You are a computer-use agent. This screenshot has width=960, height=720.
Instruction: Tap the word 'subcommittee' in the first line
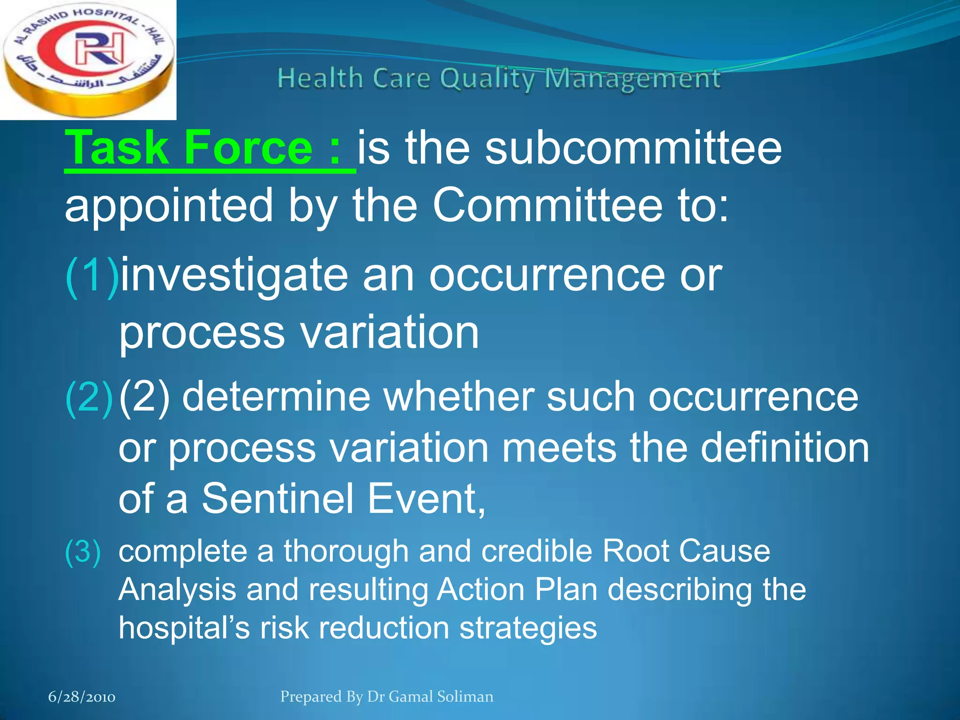(x=633, y=149)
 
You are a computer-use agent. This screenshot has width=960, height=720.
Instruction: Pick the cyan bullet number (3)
(x=83, y=551)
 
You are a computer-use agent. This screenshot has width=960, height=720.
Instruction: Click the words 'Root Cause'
(x=686, y=551)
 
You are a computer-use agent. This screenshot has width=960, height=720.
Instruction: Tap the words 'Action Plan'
(x=517, y=590)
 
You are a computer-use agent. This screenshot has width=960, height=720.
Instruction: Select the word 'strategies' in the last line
(x=528, y=628)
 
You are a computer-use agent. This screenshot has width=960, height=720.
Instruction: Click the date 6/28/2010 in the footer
(x=82, y=697)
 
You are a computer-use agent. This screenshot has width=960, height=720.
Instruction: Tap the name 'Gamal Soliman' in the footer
(x=441, y=697)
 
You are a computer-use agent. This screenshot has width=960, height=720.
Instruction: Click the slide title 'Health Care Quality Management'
(x=499, y=79)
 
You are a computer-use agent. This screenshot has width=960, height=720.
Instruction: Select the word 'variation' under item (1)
(x=390, y=333)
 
